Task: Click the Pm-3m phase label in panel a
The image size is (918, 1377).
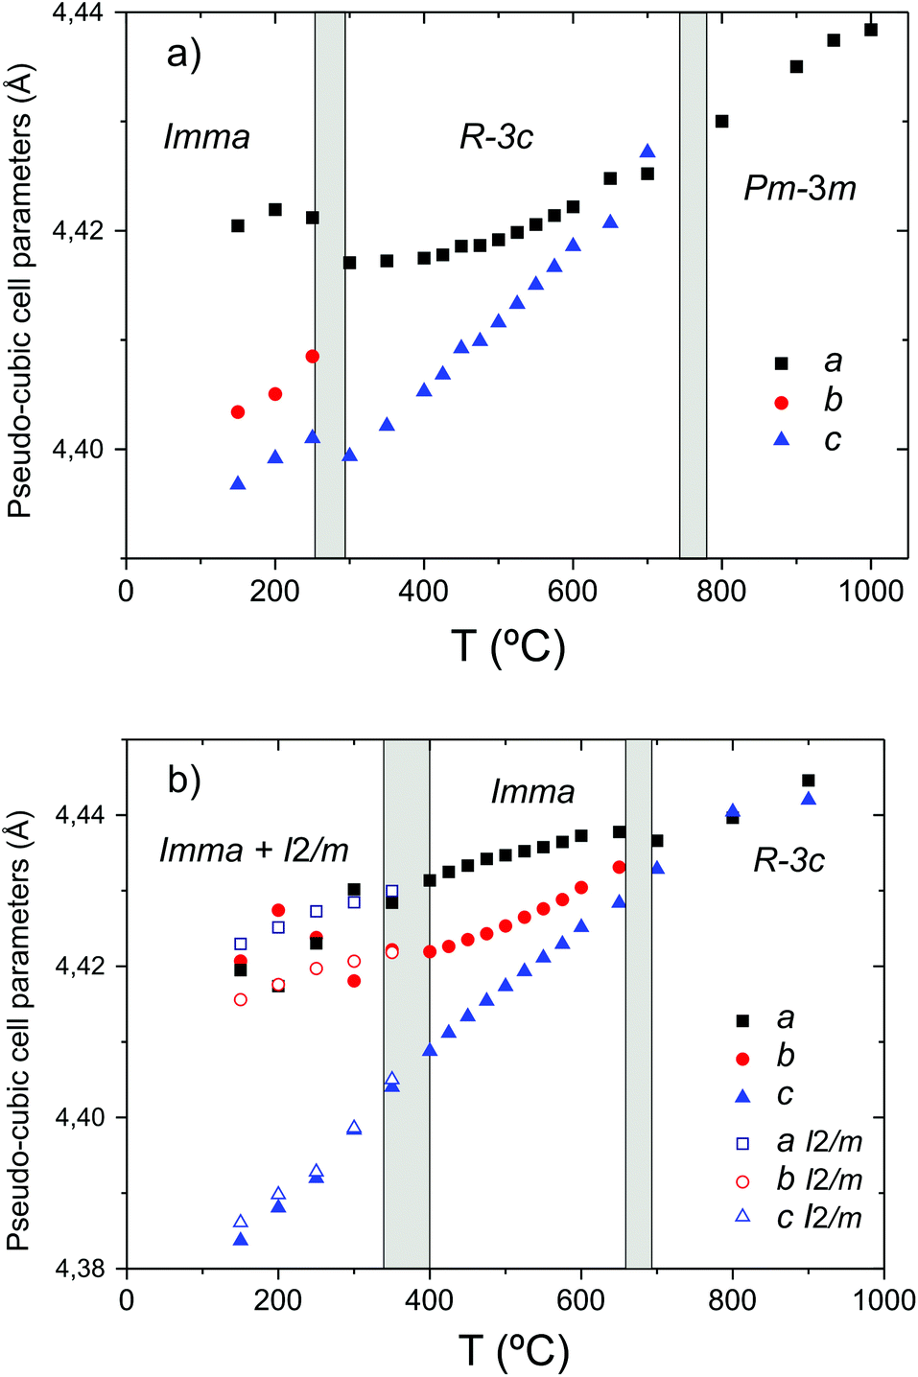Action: pyautogui.click(x=799, y=188)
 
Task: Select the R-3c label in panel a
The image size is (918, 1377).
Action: pyautogui.click(x=495, y=137)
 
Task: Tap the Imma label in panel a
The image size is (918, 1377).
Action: pyautogui.click(x=206, y=137)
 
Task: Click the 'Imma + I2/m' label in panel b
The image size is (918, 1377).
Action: pyautogui.click(x=253, y=850)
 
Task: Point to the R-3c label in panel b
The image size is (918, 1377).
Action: pyautogui.click(x=789, y=860)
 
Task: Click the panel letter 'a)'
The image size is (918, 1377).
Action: pyautogui.click(x=183, y=54)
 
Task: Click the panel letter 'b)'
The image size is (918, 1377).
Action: pyautogui.click(x=184, y=780)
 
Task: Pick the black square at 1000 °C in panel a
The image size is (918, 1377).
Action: pyautogui.click(x=871, y=30)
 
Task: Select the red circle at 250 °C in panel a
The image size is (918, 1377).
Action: pyautogui.click(x=312, y=357)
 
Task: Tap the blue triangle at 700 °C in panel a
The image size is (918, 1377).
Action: pyautogui.click(x=647, y=152)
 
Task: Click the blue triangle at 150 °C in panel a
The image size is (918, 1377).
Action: pyautogui.click(x=238, y=483)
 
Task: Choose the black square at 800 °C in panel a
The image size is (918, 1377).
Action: pyautogui.click(x=722, y=122)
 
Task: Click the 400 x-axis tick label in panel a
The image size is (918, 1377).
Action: pyautogui.click(x=423, y=591)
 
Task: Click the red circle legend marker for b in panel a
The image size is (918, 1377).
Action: pyautogui.click(x=781, y=403)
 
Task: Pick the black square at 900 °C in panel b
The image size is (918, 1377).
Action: pyautogui.click(x=809, y=781)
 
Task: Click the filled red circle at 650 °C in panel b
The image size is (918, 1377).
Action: pyautogui.click(x=620, y=867)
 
